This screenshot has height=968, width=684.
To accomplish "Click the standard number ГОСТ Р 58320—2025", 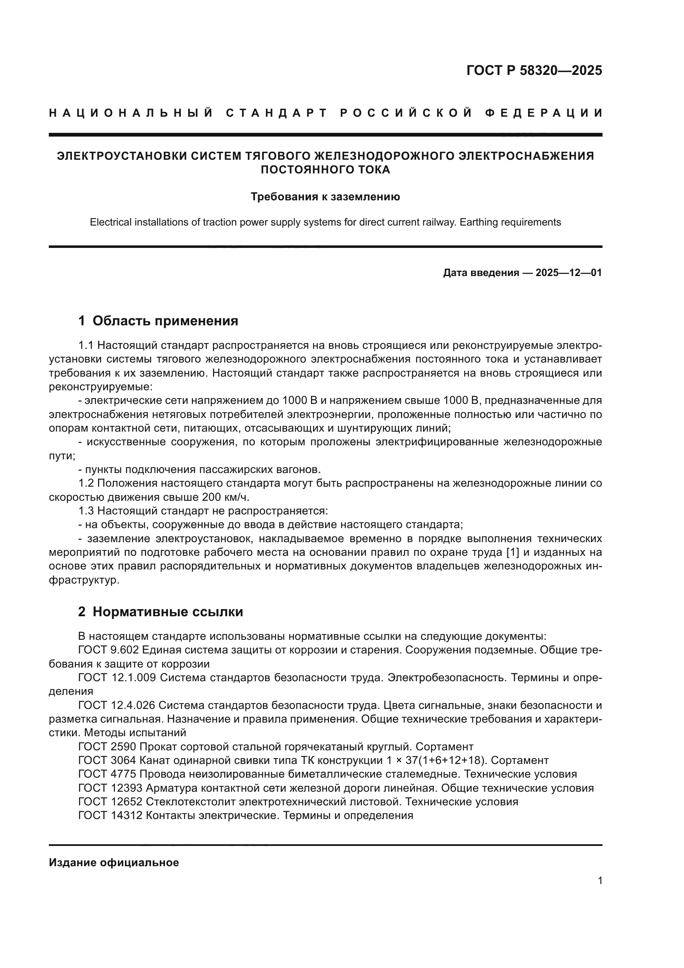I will tap(534, 70).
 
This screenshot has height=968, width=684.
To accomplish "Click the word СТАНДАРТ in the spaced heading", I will tap(277, 113).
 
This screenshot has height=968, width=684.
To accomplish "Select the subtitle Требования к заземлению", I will tap(325, 197).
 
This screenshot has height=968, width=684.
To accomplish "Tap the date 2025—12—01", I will tap(569, 273).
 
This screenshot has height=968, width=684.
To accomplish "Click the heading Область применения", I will tap(165, 321).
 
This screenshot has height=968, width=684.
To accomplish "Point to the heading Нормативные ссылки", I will tap(167, 612).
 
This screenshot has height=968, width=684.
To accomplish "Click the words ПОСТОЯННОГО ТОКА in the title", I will tap(325, 170).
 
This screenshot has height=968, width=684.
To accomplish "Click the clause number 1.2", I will tap(87, 483).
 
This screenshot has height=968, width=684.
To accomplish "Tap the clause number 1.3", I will tap(87, 511).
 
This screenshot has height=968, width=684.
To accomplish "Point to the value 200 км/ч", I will tap(225, 497).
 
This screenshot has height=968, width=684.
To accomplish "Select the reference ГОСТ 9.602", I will tap(108, 650).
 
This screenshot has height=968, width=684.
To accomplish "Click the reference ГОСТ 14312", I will tap(110, 815).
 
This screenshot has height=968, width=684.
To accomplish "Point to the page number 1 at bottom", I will tap(600, 881).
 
